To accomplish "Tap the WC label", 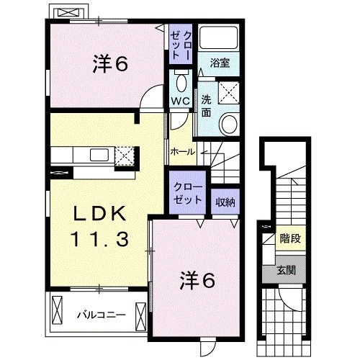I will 179,100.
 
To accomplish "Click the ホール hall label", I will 181,153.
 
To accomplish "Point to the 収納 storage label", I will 226,202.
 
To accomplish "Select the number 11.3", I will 100,238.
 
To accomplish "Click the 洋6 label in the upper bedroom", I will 109,65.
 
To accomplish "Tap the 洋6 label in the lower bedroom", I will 197,280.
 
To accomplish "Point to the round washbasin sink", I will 230,123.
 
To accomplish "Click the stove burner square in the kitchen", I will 126,154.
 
